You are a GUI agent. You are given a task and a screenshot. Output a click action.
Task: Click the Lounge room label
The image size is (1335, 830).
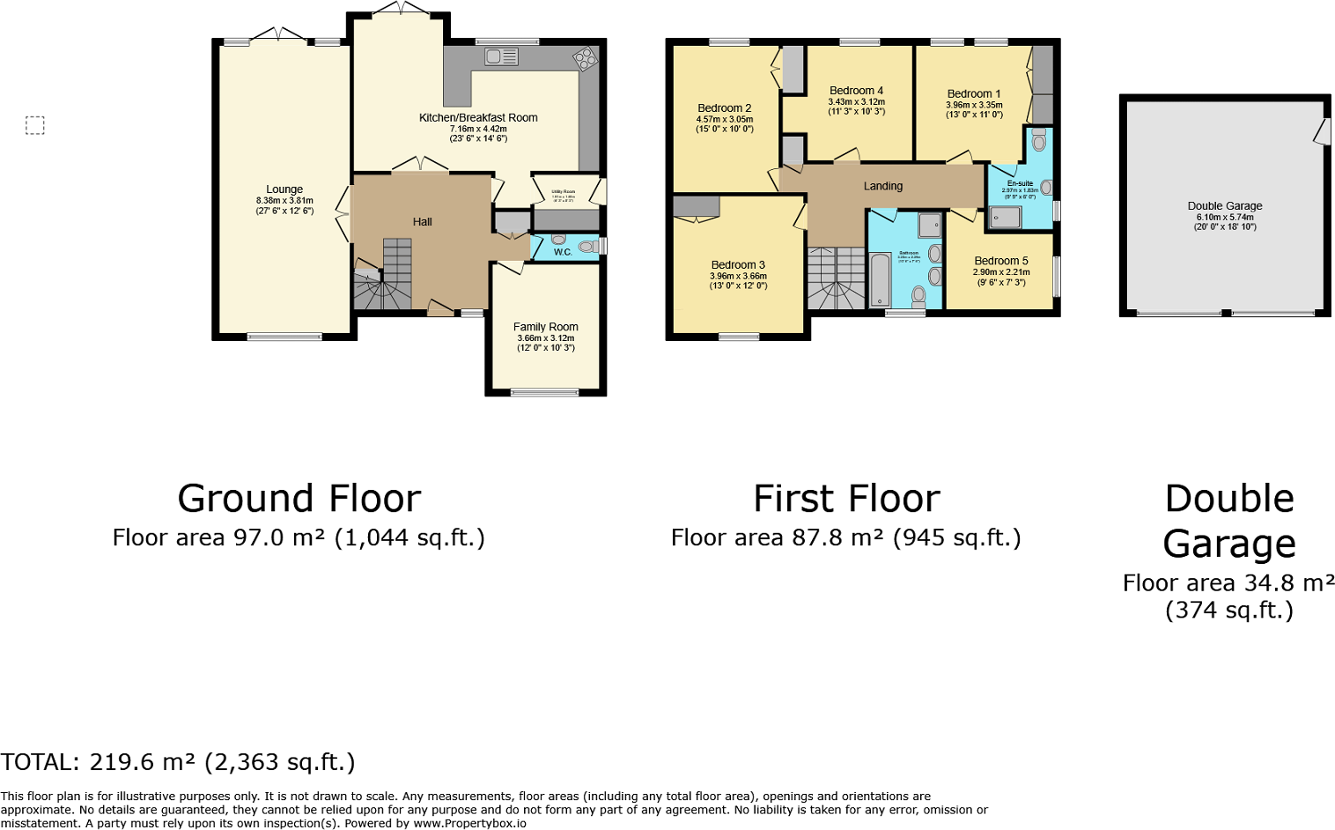point(284,189)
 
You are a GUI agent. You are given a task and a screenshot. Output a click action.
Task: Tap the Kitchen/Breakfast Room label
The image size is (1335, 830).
point(478,118)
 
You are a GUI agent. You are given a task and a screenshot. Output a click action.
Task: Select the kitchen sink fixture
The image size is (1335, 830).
point(501,57)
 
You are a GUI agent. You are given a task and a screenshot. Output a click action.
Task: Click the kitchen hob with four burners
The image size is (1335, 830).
point(584,59)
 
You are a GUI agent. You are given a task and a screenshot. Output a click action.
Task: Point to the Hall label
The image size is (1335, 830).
point(423,222)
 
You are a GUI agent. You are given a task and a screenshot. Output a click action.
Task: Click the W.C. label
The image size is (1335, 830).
point(563,252)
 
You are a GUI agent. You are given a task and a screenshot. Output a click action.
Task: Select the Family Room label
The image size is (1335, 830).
point(546,327)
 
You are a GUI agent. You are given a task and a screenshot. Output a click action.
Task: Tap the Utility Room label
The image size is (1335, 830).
point(564,191)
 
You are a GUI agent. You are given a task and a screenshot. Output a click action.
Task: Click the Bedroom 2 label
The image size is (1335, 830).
point(725,108)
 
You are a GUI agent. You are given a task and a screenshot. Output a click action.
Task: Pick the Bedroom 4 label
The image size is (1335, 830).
point(856,91)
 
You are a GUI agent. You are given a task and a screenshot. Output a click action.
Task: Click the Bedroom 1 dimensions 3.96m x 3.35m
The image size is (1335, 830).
point(974,105)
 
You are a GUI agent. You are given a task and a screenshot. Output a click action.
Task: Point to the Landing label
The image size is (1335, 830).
point(883,186)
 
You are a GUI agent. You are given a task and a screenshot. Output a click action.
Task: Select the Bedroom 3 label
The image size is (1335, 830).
point(738,264)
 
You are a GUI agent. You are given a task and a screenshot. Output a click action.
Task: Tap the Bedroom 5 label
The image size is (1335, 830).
point(1001,261)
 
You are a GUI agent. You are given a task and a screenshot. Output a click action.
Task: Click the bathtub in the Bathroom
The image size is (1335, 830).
point(880,279)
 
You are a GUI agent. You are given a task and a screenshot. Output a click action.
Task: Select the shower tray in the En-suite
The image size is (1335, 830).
point(1004,217)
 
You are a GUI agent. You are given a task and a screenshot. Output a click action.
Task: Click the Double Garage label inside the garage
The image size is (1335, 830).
point(1225,206)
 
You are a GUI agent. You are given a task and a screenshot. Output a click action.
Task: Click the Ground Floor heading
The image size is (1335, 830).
point(299,499)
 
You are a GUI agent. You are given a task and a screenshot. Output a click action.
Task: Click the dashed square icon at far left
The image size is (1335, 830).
point(35,126)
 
